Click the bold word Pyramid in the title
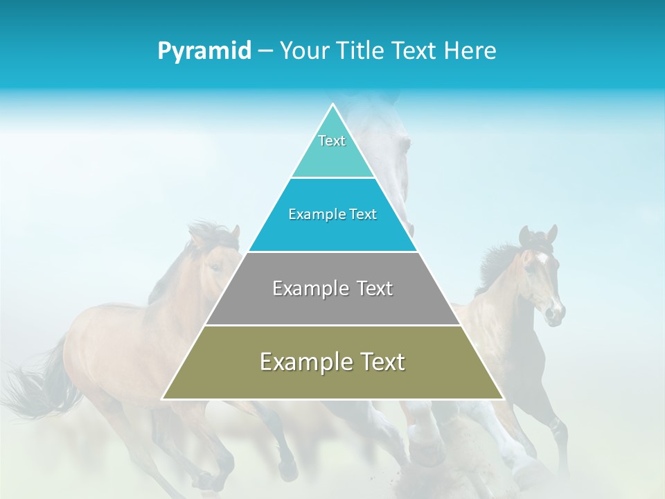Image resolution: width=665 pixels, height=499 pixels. [204, 51]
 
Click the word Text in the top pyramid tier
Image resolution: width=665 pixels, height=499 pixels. [332, 141]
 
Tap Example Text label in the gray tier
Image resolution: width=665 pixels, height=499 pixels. [332, 288]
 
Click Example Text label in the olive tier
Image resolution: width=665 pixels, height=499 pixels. [332, 362]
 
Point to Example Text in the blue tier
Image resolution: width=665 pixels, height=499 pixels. [332, 215]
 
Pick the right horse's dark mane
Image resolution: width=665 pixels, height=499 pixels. [499, 263]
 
